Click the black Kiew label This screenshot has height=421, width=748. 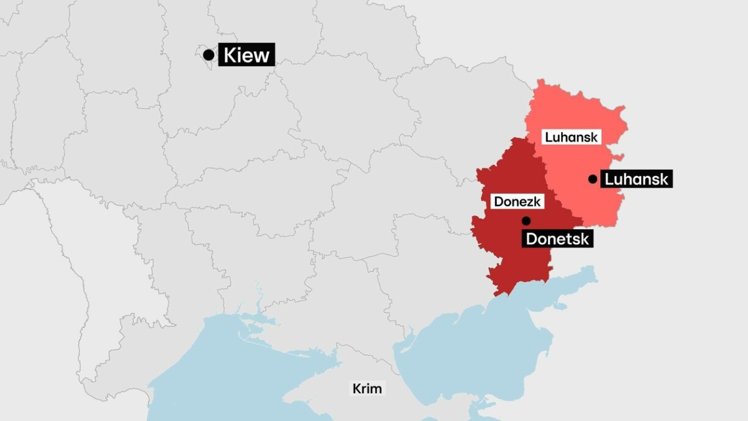tap(246, 55)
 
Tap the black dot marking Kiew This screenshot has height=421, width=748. tap(208, 55)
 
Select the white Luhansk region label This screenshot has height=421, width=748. tap(571, 137)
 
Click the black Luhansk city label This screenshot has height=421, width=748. tap(636, 179)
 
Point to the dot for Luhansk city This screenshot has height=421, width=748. tap(593, 179)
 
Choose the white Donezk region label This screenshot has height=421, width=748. tap(517, 201)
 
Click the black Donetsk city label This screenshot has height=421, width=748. tap(557, 238)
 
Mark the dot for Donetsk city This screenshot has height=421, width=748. tap(526, 221)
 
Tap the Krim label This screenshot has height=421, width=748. tap(367, 388)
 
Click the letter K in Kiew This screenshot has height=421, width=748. tap(229, 55)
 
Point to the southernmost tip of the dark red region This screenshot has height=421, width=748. tap(496, 295)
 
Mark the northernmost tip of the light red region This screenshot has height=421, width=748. tap(541, 80)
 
